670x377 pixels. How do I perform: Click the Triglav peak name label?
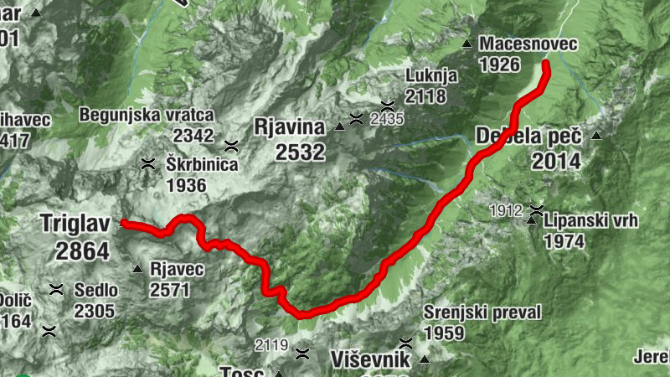pos(75,224)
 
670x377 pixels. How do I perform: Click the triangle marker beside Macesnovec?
pos(466,43)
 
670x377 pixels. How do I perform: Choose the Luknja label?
pos(431,75)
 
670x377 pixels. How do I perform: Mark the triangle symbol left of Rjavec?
pos(137,269)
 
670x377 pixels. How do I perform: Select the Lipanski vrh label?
pos(590,221)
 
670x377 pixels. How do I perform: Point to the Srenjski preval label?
pos(482,312)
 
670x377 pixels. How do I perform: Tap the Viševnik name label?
pos(370,360)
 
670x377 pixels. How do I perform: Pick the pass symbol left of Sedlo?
pos(56,290)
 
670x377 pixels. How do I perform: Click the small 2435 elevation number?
pos(386,119)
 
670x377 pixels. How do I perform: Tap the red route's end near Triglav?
pos(123,223)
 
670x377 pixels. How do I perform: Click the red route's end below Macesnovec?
pos(546,64)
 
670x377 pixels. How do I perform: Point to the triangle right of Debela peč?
pos(596,136)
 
